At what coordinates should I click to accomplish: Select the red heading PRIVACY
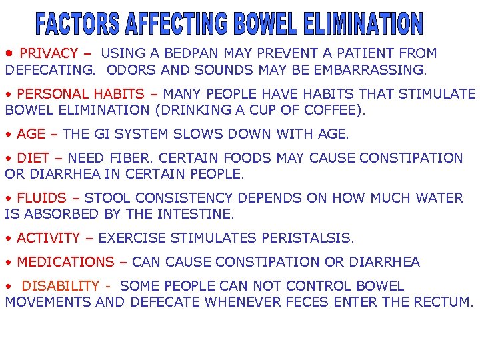point(49,53)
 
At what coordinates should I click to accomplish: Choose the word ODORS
point(129,69)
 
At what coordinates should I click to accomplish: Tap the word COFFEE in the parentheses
point(339,110)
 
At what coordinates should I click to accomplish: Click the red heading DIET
point(33,158)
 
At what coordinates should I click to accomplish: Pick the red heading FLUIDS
point(41,198)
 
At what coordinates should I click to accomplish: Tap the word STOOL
point(107,198)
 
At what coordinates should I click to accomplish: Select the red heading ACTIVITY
point(48,238)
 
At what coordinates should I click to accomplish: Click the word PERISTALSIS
point(307,238)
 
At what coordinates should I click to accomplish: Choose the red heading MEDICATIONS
point(65,262)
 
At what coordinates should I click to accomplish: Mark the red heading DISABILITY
point(60,286)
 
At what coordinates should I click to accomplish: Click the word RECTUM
point(442,302)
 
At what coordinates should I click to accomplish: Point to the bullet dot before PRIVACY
point(9,53)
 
